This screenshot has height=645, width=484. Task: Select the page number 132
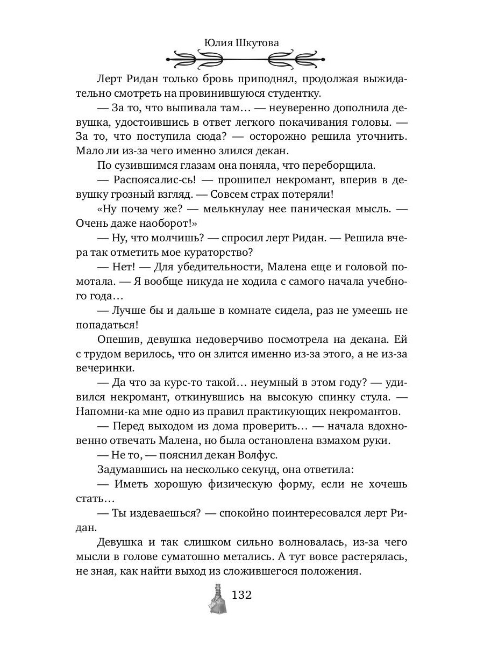pyautogui.click(x=241, y=596)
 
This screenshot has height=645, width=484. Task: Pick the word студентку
pyautogui.click(x=291, y=94)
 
